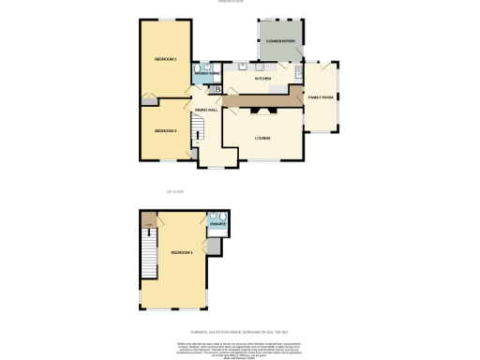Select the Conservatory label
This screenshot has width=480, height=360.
point(279,42)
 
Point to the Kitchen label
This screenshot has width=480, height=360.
point(262,79)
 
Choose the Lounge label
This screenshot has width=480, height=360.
point(262,139)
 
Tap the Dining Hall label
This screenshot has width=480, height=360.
point(205,111)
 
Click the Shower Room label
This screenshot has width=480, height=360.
point(207,72)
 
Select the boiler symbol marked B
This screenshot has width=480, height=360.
point(218,90)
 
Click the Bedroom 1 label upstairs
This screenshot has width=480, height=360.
point(182,253)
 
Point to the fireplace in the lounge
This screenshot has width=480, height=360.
point(263,108)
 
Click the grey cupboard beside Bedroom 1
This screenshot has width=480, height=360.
point(215,246)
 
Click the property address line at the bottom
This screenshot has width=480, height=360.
point(239,331)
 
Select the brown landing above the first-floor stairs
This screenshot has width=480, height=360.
point(147,223)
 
